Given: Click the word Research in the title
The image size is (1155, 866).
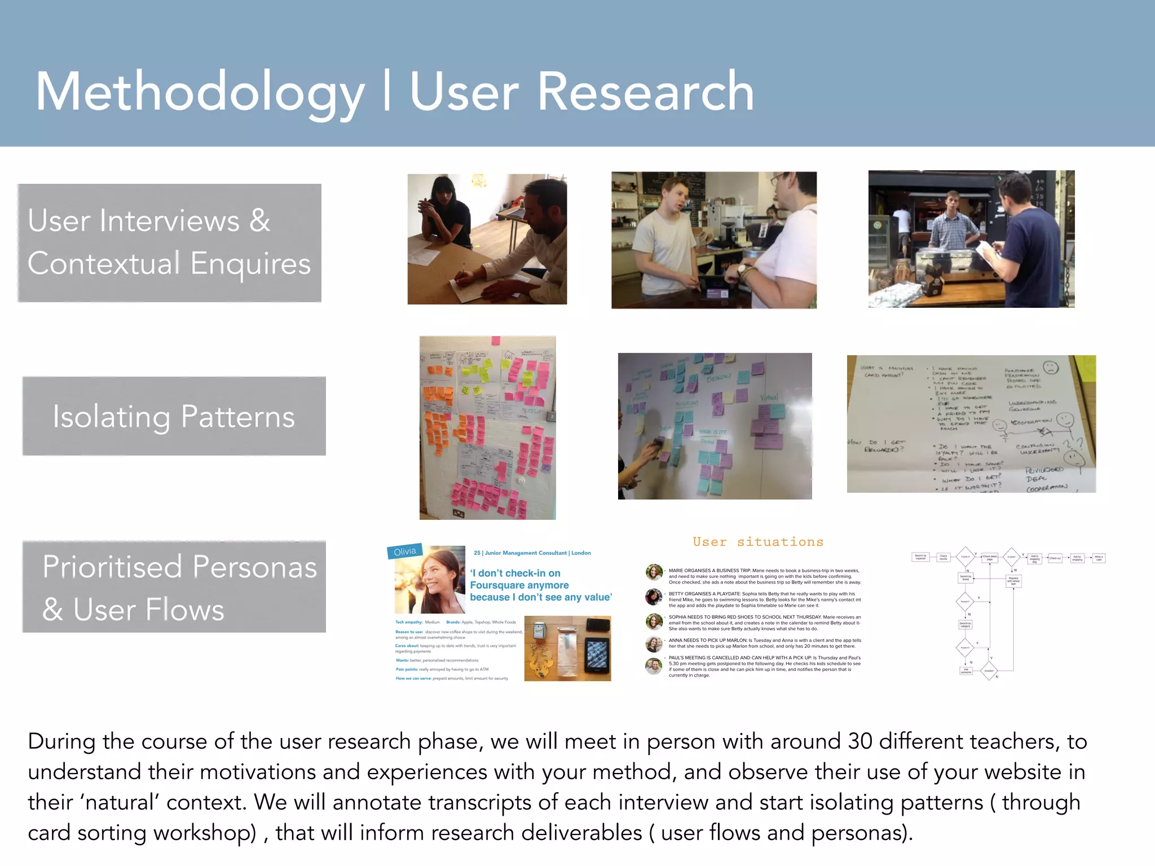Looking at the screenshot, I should point(646,92).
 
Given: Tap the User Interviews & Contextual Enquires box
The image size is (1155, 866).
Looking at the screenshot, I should point(169,242).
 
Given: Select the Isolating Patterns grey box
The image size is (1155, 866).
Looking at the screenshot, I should point(174,416).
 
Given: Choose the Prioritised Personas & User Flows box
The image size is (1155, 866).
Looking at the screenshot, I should point(174,586).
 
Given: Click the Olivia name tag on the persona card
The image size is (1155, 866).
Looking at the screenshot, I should point(405,551).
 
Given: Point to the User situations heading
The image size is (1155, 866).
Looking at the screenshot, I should point(757,542).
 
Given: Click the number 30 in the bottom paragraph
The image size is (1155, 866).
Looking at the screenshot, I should point(860,741).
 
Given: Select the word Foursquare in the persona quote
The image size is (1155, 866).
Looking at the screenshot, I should point(519,585).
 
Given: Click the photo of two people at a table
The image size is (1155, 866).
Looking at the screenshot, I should point(487,239).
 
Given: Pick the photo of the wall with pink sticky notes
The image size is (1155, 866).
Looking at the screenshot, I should point(487,427).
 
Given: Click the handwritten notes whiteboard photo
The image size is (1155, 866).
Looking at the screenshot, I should point(971,424).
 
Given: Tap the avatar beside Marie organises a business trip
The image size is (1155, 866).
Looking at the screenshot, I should point(654,572).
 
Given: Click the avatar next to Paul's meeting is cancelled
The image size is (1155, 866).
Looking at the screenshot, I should point(654,666).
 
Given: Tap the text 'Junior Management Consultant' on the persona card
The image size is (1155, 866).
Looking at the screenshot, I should point(526,553).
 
